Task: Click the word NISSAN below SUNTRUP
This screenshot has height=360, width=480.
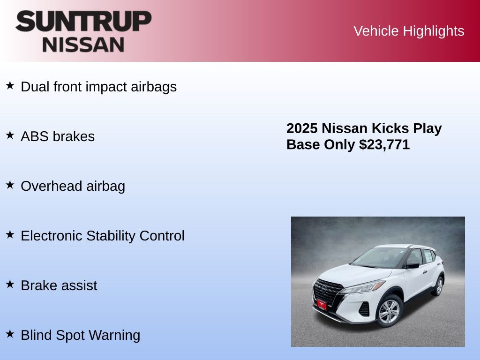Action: coord(83,45)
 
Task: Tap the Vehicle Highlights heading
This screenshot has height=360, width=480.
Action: coord(409,31)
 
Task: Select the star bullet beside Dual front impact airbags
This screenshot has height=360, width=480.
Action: coord(10,85)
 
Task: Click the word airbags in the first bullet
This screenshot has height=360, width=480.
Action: coord(154,87)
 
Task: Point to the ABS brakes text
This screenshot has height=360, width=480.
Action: coord(58,136)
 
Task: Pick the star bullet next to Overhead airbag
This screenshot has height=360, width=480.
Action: coord(10,185)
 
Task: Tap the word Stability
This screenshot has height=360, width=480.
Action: coord(111,236)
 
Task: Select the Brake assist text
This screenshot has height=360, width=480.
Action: coord(59,285)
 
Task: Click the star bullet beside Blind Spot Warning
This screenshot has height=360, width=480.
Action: coord(10,334)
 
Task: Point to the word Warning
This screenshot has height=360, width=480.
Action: coord(114,335)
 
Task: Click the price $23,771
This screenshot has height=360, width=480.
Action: coord(384,144)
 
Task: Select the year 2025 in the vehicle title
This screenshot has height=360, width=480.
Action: coord(302,128)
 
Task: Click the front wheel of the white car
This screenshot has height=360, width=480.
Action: coord(389,311)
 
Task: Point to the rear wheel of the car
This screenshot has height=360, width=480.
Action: coord(439,286)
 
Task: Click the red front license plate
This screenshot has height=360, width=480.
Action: coord(322,305)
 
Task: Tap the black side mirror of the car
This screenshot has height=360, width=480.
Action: coord(412,265)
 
